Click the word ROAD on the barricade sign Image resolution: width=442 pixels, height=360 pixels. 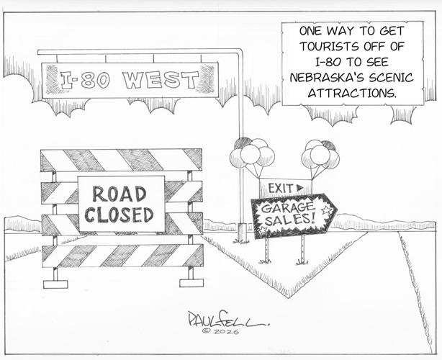119,194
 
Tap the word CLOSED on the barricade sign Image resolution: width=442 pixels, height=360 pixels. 119,215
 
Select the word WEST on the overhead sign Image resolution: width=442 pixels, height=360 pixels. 161,80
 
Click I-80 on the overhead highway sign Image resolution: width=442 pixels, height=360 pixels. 84,80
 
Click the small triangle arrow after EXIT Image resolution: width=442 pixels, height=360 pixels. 300,187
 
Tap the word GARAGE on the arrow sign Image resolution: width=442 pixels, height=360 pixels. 287,208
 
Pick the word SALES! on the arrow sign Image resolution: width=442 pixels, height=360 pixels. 289,219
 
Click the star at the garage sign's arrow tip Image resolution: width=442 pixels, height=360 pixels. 327,210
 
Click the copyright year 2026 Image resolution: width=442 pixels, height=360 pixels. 226,331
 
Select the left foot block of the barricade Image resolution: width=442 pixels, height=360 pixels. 55,284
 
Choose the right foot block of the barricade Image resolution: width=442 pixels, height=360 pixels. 191,283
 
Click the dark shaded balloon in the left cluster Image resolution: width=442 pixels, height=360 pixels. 243,143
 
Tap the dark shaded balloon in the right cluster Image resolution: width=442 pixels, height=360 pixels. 329,145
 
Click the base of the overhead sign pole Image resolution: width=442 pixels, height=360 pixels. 242,232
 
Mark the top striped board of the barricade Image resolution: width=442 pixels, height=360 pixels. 121,160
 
